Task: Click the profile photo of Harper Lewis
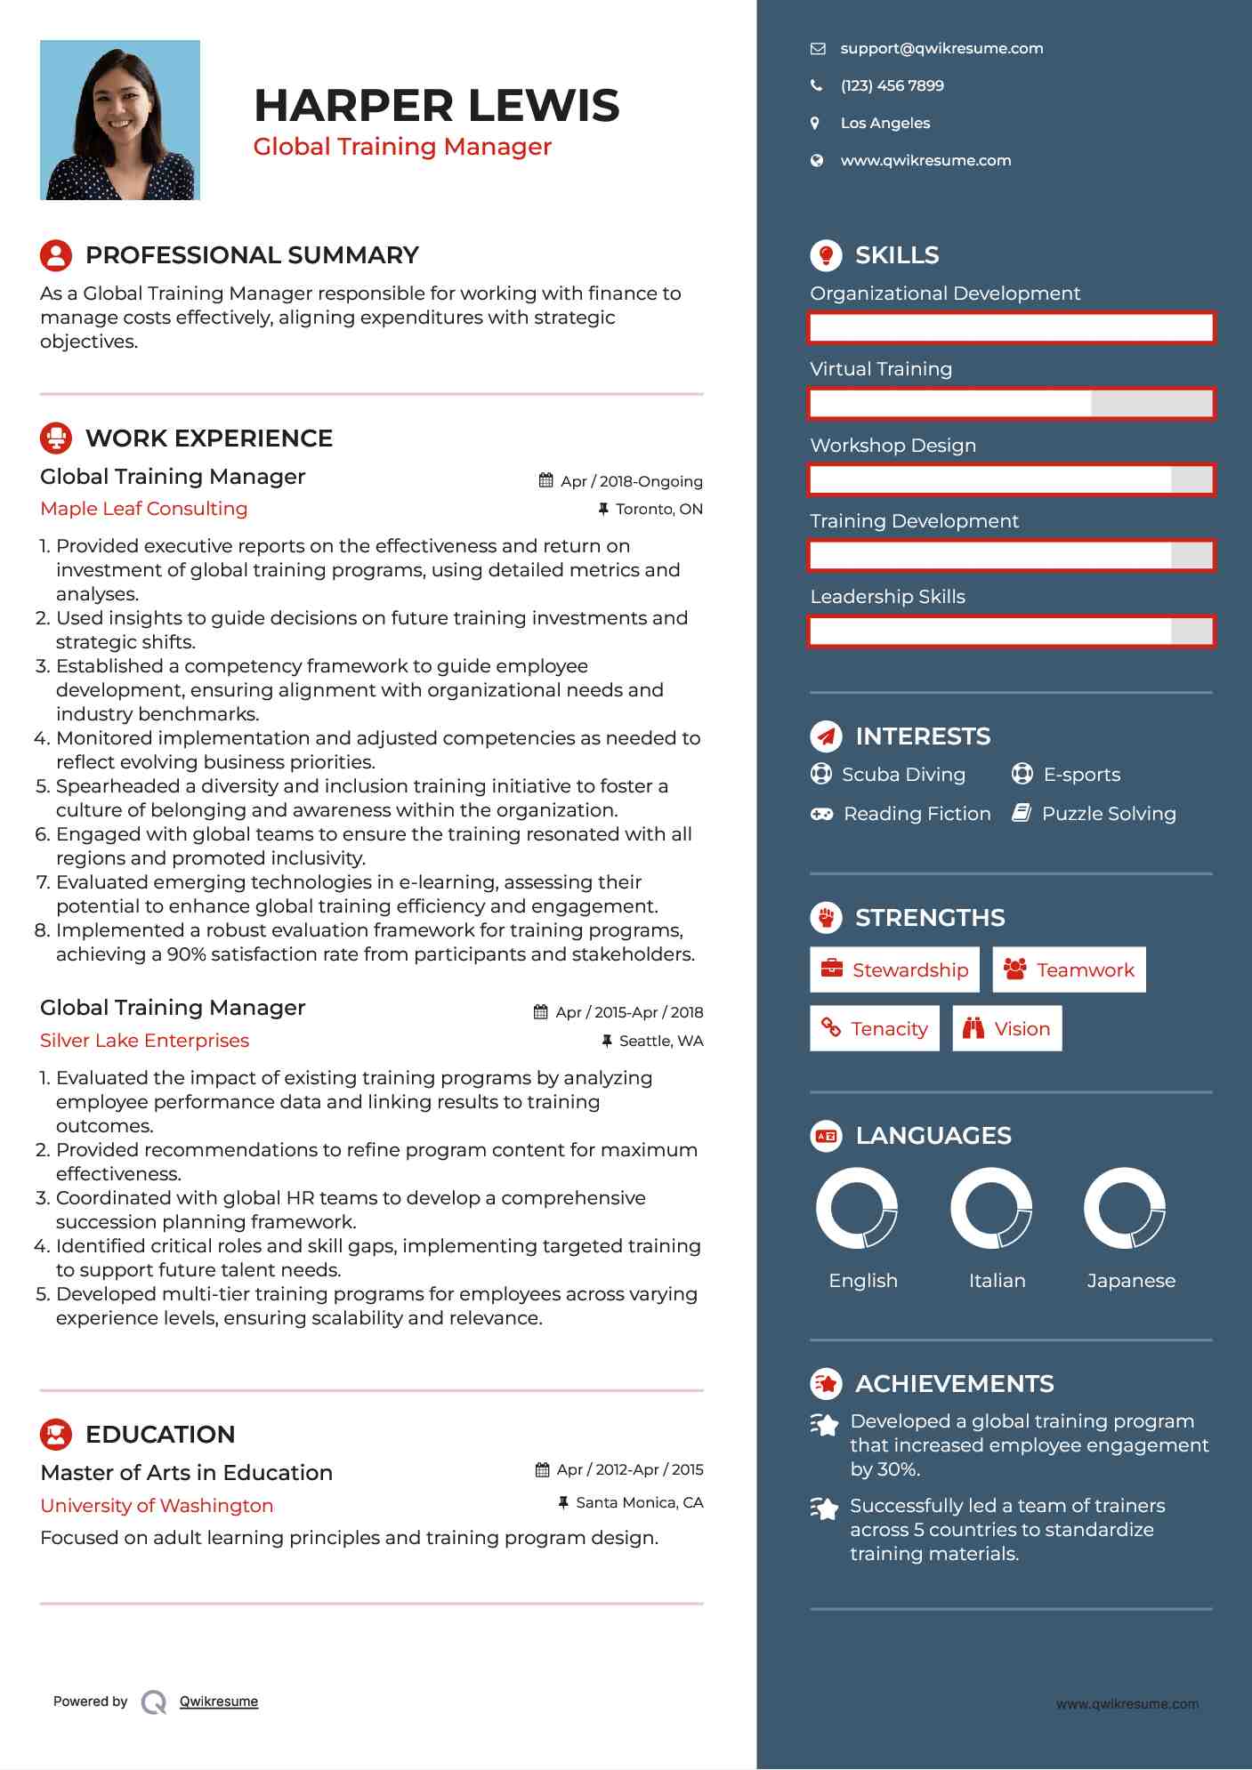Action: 120,120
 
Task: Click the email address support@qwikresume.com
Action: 941,49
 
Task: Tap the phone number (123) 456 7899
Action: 892,86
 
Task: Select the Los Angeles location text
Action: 884,124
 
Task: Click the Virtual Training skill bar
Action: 1011,404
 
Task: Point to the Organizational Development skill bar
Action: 1011,327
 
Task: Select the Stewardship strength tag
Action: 894,969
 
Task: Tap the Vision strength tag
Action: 1006,1029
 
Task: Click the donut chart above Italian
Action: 990,1209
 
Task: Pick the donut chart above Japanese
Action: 1125,1209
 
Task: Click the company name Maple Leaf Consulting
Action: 144,509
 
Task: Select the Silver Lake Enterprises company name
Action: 145,1041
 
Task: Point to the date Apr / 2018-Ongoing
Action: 631,481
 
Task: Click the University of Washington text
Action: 157,1506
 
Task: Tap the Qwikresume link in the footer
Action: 219,1702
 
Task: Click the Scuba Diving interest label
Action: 903,775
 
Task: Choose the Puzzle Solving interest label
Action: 1108,814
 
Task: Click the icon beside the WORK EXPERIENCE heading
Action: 56,438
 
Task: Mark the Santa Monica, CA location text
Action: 639,1503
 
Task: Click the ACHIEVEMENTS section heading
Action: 954,1384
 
